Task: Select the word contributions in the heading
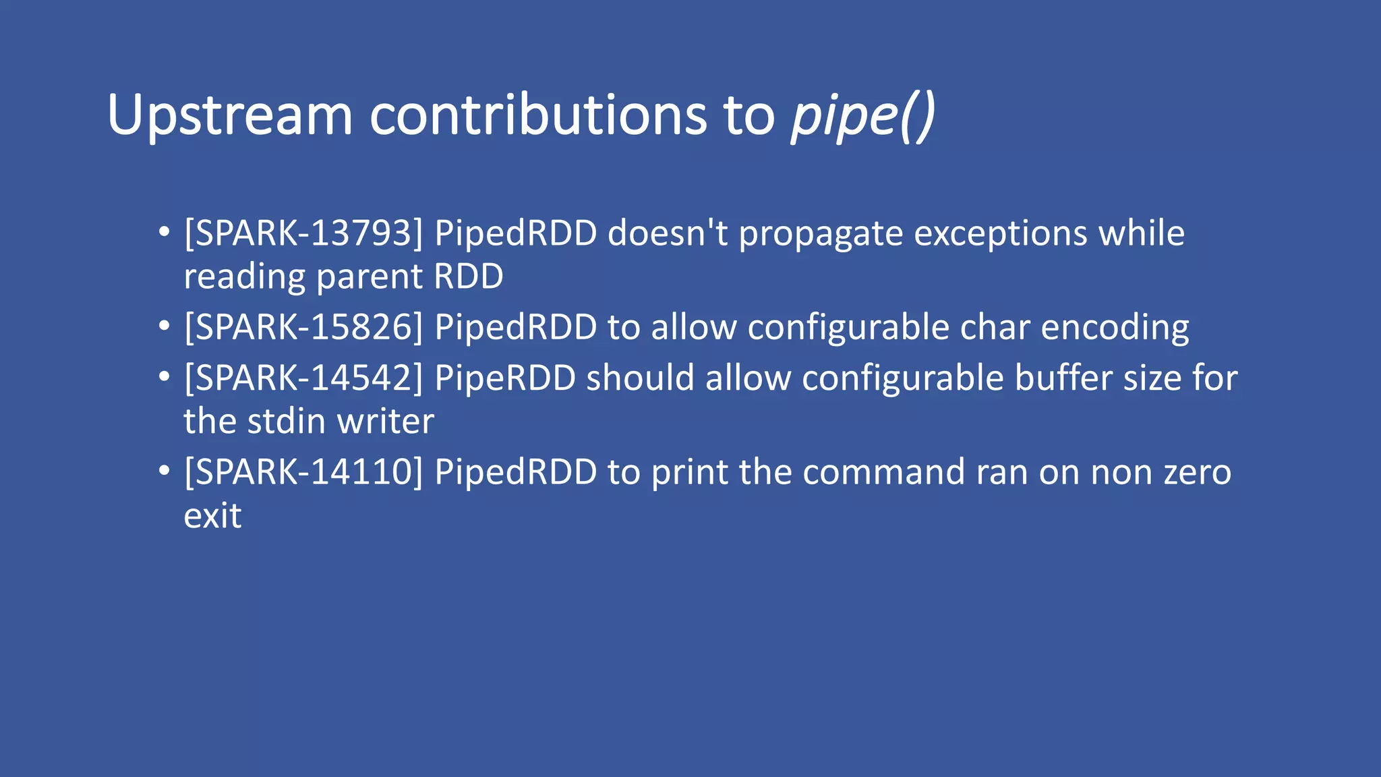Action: pos(538,115)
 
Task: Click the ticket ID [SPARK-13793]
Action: pos(303,233)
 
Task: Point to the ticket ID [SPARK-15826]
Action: pos(303,327)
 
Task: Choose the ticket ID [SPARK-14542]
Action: pos(303,378)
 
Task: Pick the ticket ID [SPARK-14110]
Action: pos(303,471)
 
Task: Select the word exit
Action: pos(212,516)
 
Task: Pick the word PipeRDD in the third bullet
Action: pos(505,378)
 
